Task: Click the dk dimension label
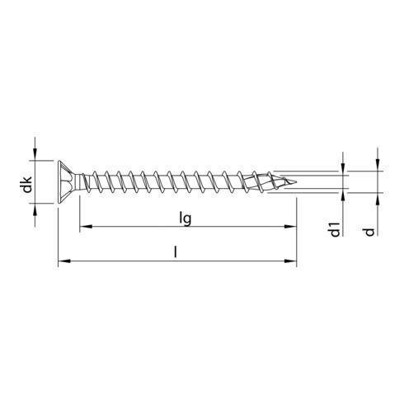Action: point(27,184)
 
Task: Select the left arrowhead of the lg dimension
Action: point(84,224)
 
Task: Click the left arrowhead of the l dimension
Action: point(63,263)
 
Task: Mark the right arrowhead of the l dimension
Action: point(291,263)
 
